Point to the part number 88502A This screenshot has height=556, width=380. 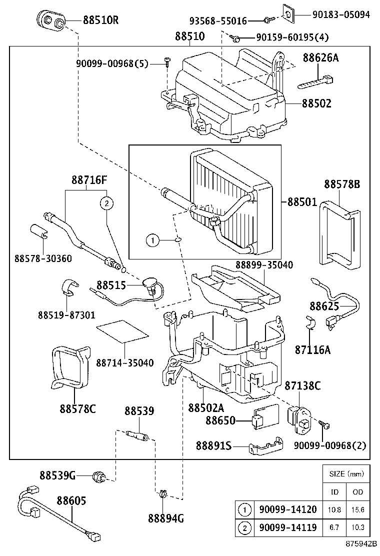pos(206,407)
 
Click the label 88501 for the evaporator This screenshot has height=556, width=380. pos(302,202)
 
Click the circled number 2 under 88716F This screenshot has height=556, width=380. pos(106,203)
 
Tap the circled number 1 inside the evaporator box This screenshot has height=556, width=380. pos(153,241)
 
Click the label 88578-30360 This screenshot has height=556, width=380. pos(43,258)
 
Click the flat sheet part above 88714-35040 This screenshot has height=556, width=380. pos(122,330)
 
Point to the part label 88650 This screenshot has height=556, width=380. pos(220,421)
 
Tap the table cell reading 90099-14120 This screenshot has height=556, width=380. pos(287,510)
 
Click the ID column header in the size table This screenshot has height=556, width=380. pos(335,492)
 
